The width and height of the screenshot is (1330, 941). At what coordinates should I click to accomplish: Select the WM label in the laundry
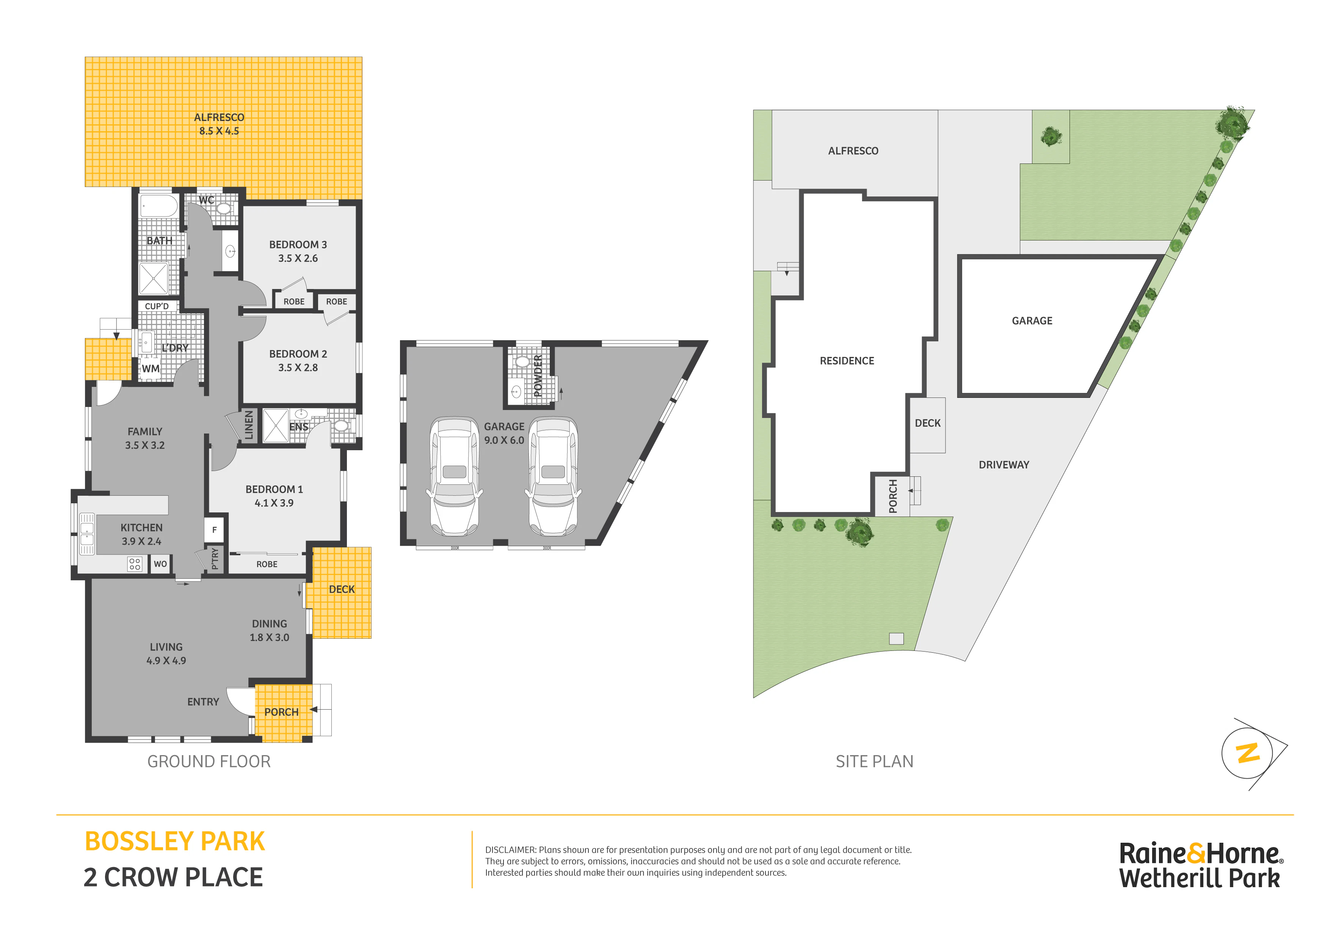tap(151, 369)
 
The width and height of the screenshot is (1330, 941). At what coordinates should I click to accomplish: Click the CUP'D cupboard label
tap(157, 306)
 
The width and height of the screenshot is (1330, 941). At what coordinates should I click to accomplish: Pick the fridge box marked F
tap(214, 529)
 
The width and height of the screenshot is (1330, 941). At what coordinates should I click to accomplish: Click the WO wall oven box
tap(160, 564)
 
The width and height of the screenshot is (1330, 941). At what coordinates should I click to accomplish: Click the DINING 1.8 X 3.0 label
tap(269, 630)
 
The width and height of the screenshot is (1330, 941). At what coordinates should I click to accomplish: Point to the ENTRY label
tap(203, 702)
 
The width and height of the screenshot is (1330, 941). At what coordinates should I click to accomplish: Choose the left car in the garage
tap(455, 477)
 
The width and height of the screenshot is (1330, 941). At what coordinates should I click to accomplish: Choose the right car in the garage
tap(553, 477)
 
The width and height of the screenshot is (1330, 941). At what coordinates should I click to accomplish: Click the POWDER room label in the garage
tap(538, 375)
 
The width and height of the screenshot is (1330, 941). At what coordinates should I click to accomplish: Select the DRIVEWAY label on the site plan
tap(1004, 465)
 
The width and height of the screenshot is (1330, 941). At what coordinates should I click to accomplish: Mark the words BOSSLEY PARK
tap(175, 841)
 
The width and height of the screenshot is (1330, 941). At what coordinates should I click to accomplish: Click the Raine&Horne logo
tap(1201, 865)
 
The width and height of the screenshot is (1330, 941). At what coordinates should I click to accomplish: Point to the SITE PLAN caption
tap(874, 761)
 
